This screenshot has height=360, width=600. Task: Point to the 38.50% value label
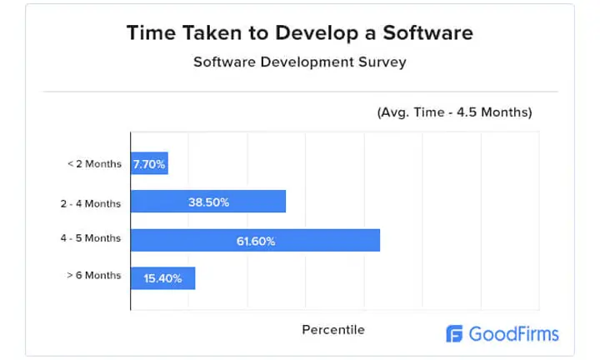tap(208, 202)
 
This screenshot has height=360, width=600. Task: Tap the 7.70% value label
tap(150, 164)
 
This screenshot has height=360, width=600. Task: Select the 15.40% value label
tap(162, 278)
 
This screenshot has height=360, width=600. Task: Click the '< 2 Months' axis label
tap(94, 163)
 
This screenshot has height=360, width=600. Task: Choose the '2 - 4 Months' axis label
tap(90, 202)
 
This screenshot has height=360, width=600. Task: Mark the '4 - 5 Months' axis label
tap(90, 238)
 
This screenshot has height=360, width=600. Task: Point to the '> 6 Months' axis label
tap(94, 275)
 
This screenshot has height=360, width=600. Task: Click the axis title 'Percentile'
tap(333, 330)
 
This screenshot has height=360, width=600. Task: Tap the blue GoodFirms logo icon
tap(454, 334)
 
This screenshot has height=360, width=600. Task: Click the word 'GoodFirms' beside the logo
tap(514, 335)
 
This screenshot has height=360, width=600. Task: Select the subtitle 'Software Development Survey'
tap(300, 62)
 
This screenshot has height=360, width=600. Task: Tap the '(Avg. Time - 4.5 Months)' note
tap(454, 112)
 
